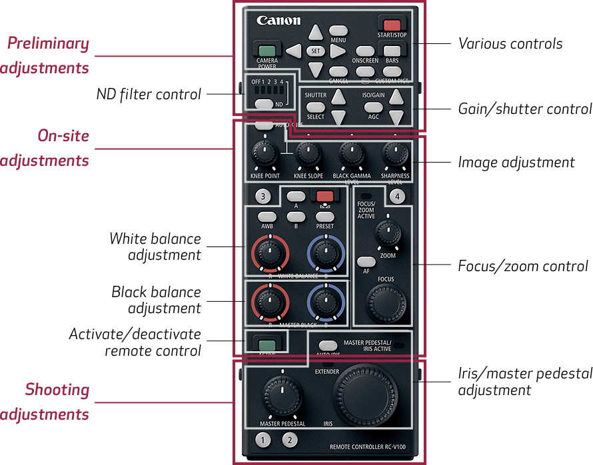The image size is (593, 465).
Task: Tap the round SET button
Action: tap(316, 51)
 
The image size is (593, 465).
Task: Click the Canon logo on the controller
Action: tap(279, 21)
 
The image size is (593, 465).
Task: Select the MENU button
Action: tap(338, 31)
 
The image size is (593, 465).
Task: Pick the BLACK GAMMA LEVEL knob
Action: tap(351, 155)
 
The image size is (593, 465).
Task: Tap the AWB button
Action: tap(267, 217)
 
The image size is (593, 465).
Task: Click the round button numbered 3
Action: tap(264, 196)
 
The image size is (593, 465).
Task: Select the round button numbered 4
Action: tap(397, 196)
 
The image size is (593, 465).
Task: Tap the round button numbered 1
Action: tap(264, 440)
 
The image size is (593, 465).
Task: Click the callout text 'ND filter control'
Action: tap(148, 95)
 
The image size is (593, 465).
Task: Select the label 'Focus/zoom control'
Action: tap(523, 266)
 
